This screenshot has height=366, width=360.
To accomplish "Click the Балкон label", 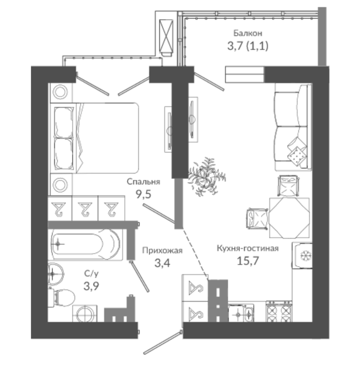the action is pos(248,33).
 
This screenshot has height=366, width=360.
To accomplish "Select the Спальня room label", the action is pos(143,181).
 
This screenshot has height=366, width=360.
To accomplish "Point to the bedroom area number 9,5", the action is pos(143,194).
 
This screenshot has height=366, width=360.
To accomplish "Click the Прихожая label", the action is pos(162,250).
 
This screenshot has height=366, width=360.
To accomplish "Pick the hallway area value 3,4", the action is pos(162,264).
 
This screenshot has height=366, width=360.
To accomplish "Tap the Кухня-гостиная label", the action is pos(248,248).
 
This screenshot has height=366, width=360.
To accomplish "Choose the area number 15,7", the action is pos(248,261).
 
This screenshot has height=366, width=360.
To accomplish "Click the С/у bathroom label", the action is pos(92,273).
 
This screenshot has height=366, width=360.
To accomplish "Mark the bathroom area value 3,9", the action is pos(92,286).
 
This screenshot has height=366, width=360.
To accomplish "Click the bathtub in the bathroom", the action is pos(85,244).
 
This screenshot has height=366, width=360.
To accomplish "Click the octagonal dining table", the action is pos(289,218).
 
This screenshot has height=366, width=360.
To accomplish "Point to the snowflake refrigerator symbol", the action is pos(305,256).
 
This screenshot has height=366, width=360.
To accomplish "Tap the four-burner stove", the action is pos(279,312).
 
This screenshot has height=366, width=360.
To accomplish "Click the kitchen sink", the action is pos(241,314).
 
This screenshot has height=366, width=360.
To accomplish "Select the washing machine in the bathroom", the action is pos(85,314).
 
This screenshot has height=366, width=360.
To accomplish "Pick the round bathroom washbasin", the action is pos(55,274).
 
